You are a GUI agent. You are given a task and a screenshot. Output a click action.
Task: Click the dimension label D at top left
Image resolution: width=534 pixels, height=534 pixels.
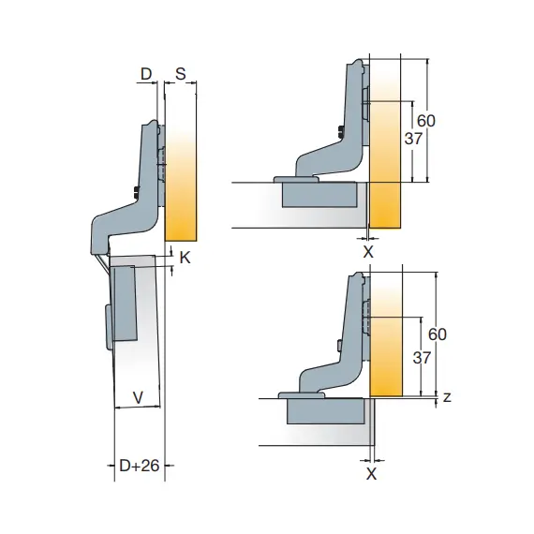coord(146,74)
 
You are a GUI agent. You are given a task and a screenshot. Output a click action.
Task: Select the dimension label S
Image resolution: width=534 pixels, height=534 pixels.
coord(181,74)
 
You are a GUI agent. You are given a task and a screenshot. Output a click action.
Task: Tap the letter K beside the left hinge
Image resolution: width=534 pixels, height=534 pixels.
coord(185,258)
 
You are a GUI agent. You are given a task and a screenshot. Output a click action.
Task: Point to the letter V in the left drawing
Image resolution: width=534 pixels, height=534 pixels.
coord(138,397)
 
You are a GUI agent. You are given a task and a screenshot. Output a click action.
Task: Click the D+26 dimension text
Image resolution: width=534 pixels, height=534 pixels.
coord(140,466)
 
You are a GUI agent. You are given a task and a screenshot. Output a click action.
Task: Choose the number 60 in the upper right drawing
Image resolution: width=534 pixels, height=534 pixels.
coord(426,121)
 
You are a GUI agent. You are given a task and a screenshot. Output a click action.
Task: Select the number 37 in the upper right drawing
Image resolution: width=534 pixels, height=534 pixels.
coord(413,139)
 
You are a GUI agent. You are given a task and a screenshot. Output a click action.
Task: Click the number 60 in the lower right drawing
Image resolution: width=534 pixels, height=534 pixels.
coord(437,334)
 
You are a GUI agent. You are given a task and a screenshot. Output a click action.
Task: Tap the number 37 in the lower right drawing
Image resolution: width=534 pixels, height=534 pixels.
coord(422,358)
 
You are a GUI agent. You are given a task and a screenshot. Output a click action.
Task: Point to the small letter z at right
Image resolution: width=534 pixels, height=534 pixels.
coord(447,397)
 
